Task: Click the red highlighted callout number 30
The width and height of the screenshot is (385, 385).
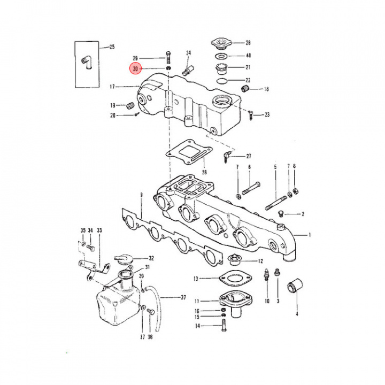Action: [x=135, y=69]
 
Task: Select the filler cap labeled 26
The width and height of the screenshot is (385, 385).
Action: [x=221, y=43]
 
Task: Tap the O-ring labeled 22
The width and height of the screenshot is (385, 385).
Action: [x=222, y=80]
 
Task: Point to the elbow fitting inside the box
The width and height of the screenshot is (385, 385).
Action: [x=87, y=62]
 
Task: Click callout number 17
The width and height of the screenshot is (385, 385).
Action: [x=112, y=87]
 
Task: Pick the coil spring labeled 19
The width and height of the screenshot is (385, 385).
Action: [x=130, y=105]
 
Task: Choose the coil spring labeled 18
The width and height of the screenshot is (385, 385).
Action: [x=245, y=88]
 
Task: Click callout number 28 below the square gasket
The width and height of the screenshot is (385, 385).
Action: [x=204, y=172]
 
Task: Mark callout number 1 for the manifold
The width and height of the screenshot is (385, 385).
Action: [x=310, y=235]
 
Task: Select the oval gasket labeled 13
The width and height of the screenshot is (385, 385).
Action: [x=235, y=279]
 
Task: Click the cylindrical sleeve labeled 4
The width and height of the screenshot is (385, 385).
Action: [x=295, y=286]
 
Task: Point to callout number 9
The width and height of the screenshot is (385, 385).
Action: [x=141, y=195]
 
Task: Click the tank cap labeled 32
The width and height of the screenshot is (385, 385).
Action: [x=124, y=259]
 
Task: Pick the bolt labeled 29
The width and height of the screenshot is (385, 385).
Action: [x=168, y=57]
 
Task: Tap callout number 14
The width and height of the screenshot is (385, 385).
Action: [x=198, y=326]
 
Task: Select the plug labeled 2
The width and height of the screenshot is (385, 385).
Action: [x=281, y=213]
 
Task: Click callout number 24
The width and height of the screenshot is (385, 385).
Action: [x=188, y=53]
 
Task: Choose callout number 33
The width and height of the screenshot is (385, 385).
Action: [x=99, y=230]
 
